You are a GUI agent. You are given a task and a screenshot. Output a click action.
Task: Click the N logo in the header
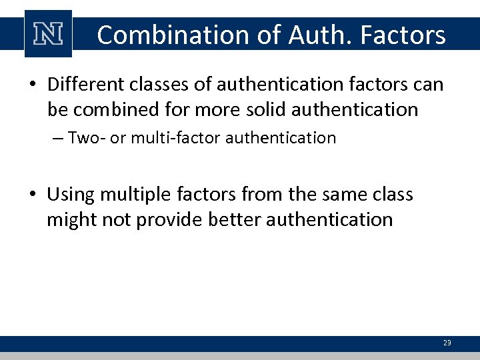[x=48, y=34]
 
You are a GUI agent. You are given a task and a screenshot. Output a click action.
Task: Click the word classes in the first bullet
[x=160, y=85]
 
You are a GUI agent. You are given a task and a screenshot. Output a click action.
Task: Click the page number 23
[x=447, y=343]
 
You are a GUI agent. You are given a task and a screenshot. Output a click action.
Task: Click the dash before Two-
[x=57, y=139]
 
